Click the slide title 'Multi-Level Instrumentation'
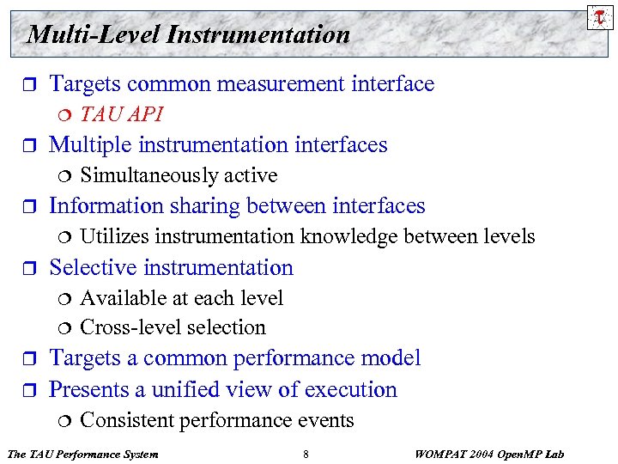pyautogui.click(x=189, y=34)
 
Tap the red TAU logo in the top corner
pyautogui.click(x=599, y=16)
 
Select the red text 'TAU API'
pyautogui.click(x=121, y=114)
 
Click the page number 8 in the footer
pyautogui.click(x=306, y=454)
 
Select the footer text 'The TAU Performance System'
pyautogui.click(x=82, y=454)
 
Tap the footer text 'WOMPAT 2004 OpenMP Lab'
pyautogui.click(x=490, y=454)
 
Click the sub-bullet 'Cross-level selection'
pyautogui.click(x=173, y=327)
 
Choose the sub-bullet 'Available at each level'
pyautogui.click(x=181, y=298)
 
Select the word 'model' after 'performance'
pyautogui.click(x=389, y=358)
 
